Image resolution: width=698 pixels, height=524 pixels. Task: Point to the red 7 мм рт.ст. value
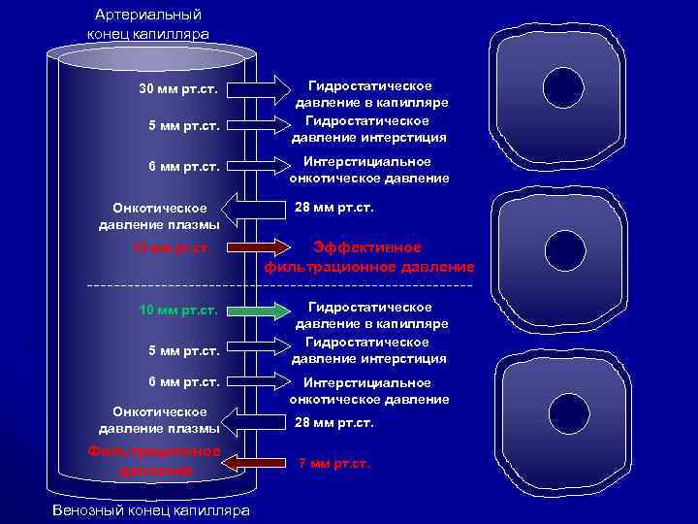pyautogui.click(x=334, y=464)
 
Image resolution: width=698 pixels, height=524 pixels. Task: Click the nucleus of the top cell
pyautogui.click(x=563, y=86)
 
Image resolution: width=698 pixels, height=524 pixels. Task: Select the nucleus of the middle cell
pyautogui.click(x=561, y=246)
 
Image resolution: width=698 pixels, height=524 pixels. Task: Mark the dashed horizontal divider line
pyautogui.click(x=281, y=286)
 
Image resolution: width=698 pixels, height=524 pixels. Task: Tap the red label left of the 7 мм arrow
pyautogui.click(x=154, y=461)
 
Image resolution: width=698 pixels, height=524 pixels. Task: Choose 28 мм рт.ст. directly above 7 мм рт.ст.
pyautogui.click(x=334, y=423)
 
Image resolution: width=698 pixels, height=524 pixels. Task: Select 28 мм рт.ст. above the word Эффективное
pyautogui.click(x=334, y=208)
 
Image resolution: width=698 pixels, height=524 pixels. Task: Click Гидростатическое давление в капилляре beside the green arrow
pyautogui.click(x=370, y=314)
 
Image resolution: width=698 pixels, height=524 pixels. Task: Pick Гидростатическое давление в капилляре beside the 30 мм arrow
pyautogui.click(x=370, y=94)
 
